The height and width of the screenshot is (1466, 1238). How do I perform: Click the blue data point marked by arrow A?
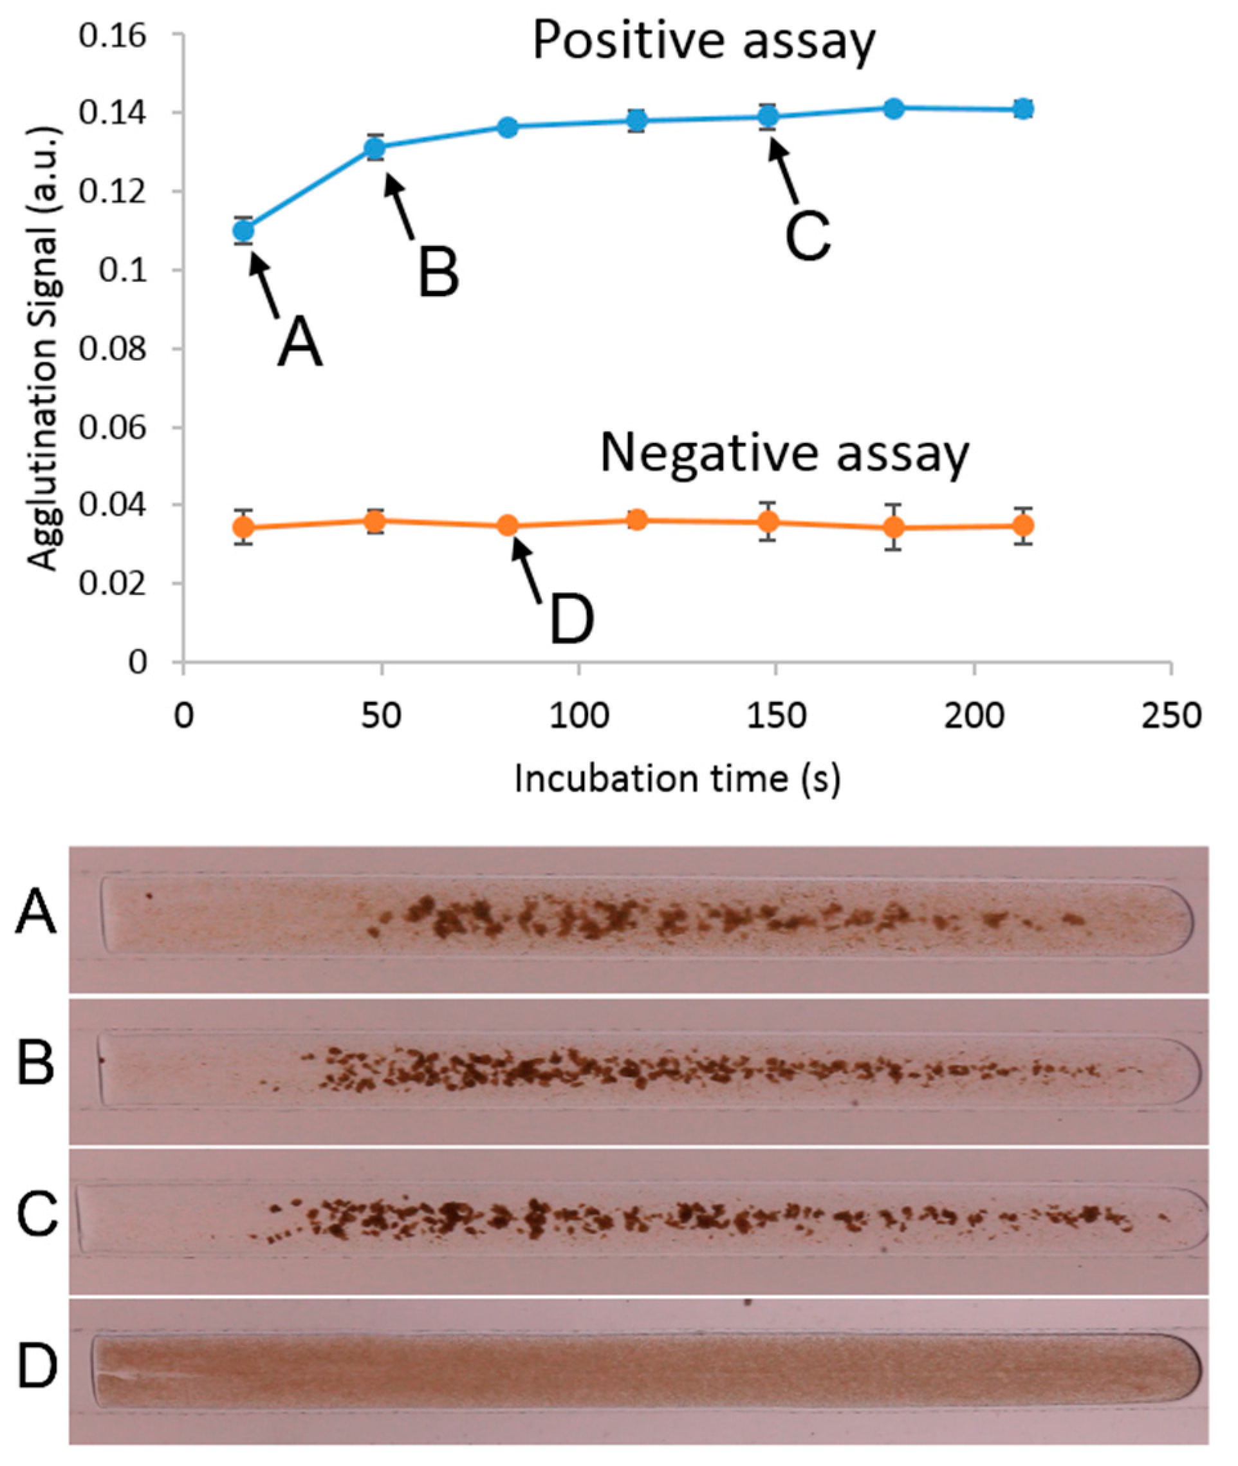coord(243,230)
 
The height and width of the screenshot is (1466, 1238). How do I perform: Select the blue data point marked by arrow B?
coord(376,147)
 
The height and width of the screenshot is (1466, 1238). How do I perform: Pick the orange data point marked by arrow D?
coord(508,526)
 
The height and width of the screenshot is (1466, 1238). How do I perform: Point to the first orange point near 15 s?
coord(243,527)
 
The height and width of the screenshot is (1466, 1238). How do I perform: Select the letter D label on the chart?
coord(571,619)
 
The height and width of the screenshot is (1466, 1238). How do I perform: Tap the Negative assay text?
coord(784,455)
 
